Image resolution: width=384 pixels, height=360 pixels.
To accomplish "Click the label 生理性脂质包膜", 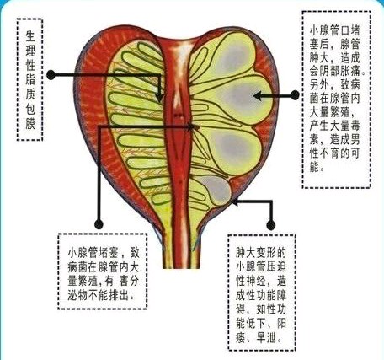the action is click(30, 79).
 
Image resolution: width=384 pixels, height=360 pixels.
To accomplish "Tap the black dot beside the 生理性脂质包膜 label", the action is click(51, 75).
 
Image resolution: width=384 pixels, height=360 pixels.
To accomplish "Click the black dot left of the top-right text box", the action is click(295, 95).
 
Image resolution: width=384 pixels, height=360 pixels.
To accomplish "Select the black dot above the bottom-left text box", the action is click(99, 224).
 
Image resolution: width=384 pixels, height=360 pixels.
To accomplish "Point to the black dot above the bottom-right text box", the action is click(270, 225).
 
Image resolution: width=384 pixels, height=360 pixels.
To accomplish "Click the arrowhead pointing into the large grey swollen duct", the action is click(258, 96).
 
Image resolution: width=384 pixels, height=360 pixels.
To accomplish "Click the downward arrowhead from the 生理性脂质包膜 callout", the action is click(159, 98).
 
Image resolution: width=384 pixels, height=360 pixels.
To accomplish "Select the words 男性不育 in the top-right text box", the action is click(335, 147).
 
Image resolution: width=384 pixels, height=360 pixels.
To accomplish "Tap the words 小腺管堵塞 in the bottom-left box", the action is click(93, 253).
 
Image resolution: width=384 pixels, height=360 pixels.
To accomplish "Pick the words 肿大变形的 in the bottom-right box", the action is click(260, 253).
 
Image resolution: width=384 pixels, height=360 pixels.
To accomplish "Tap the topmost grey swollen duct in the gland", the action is click(234, 56).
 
